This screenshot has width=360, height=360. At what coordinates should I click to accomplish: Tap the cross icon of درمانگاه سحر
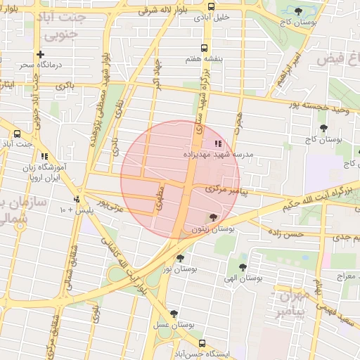40,54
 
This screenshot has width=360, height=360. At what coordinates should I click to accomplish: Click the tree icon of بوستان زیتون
214,217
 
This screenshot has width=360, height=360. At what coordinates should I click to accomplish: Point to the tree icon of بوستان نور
180,258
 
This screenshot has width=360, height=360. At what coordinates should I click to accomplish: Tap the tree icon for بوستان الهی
243,267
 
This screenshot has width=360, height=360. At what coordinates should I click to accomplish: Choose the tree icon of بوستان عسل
174,314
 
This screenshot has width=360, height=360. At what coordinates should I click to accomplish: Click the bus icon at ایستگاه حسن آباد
202,344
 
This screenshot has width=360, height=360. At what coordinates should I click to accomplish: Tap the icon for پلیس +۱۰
77,199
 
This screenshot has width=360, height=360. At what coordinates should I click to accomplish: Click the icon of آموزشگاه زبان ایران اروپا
45,156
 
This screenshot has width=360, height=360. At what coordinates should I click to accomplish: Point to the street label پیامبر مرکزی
227,190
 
